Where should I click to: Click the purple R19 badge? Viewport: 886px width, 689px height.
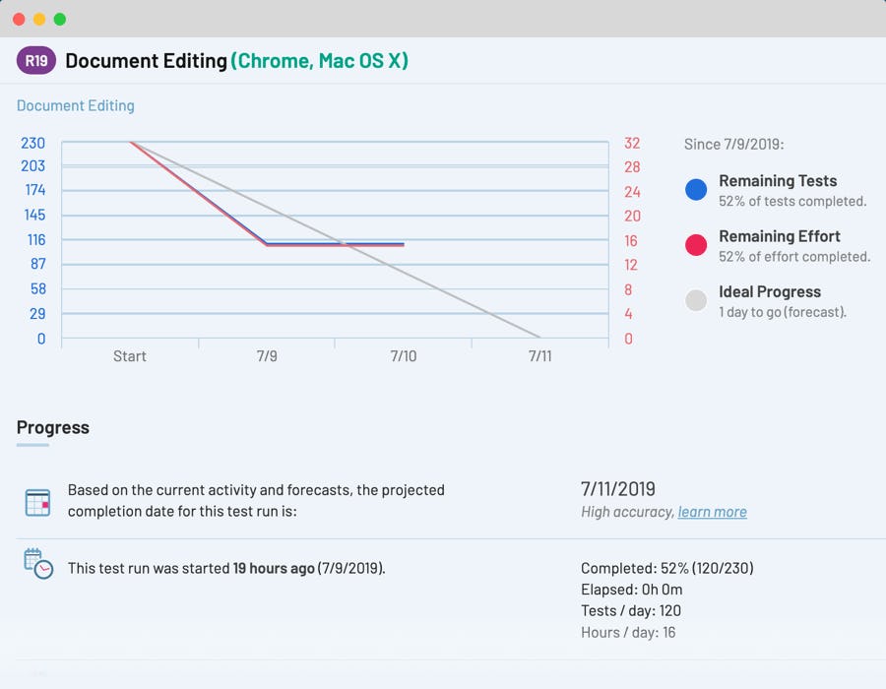coord(36,61)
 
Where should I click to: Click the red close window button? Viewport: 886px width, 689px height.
coord(20,20)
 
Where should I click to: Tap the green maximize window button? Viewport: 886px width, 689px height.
coord(60,20)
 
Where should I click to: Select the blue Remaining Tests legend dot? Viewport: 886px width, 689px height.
coord(696,190)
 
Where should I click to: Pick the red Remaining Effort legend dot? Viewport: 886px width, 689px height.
coord(696,245)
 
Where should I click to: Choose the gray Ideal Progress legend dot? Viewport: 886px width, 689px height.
coord(696,300)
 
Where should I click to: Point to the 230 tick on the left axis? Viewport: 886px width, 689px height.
coord(33,143)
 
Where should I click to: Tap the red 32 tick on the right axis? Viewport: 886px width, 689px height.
coord(631,143)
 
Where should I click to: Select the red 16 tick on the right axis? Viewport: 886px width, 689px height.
coord(631,240)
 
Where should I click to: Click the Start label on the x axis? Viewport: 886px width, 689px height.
coord(130,356)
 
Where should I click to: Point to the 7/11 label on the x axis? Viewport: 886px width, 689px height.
coord(539,356)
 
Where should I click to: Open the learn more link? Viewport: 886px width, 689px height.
coord(713,512)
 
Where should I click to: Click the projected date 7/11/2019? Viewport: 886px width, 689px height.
coord(618,489)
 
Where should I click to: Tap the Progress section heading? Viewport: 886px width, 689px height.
coord(53,427)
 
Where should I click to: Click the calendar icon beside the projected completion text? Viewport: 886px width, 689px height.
coord(37,503)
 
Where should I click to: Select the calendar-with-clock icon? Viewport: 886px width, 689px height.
coord(37,564)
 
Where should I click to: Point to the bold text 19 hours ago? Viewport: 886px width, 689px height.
coord(274,568)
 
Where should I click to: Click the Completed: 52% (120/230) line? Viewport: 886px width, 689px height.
coord(667,568)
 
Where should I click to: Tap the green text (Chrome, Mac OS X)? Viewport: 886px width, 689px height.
coord(320,61)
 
